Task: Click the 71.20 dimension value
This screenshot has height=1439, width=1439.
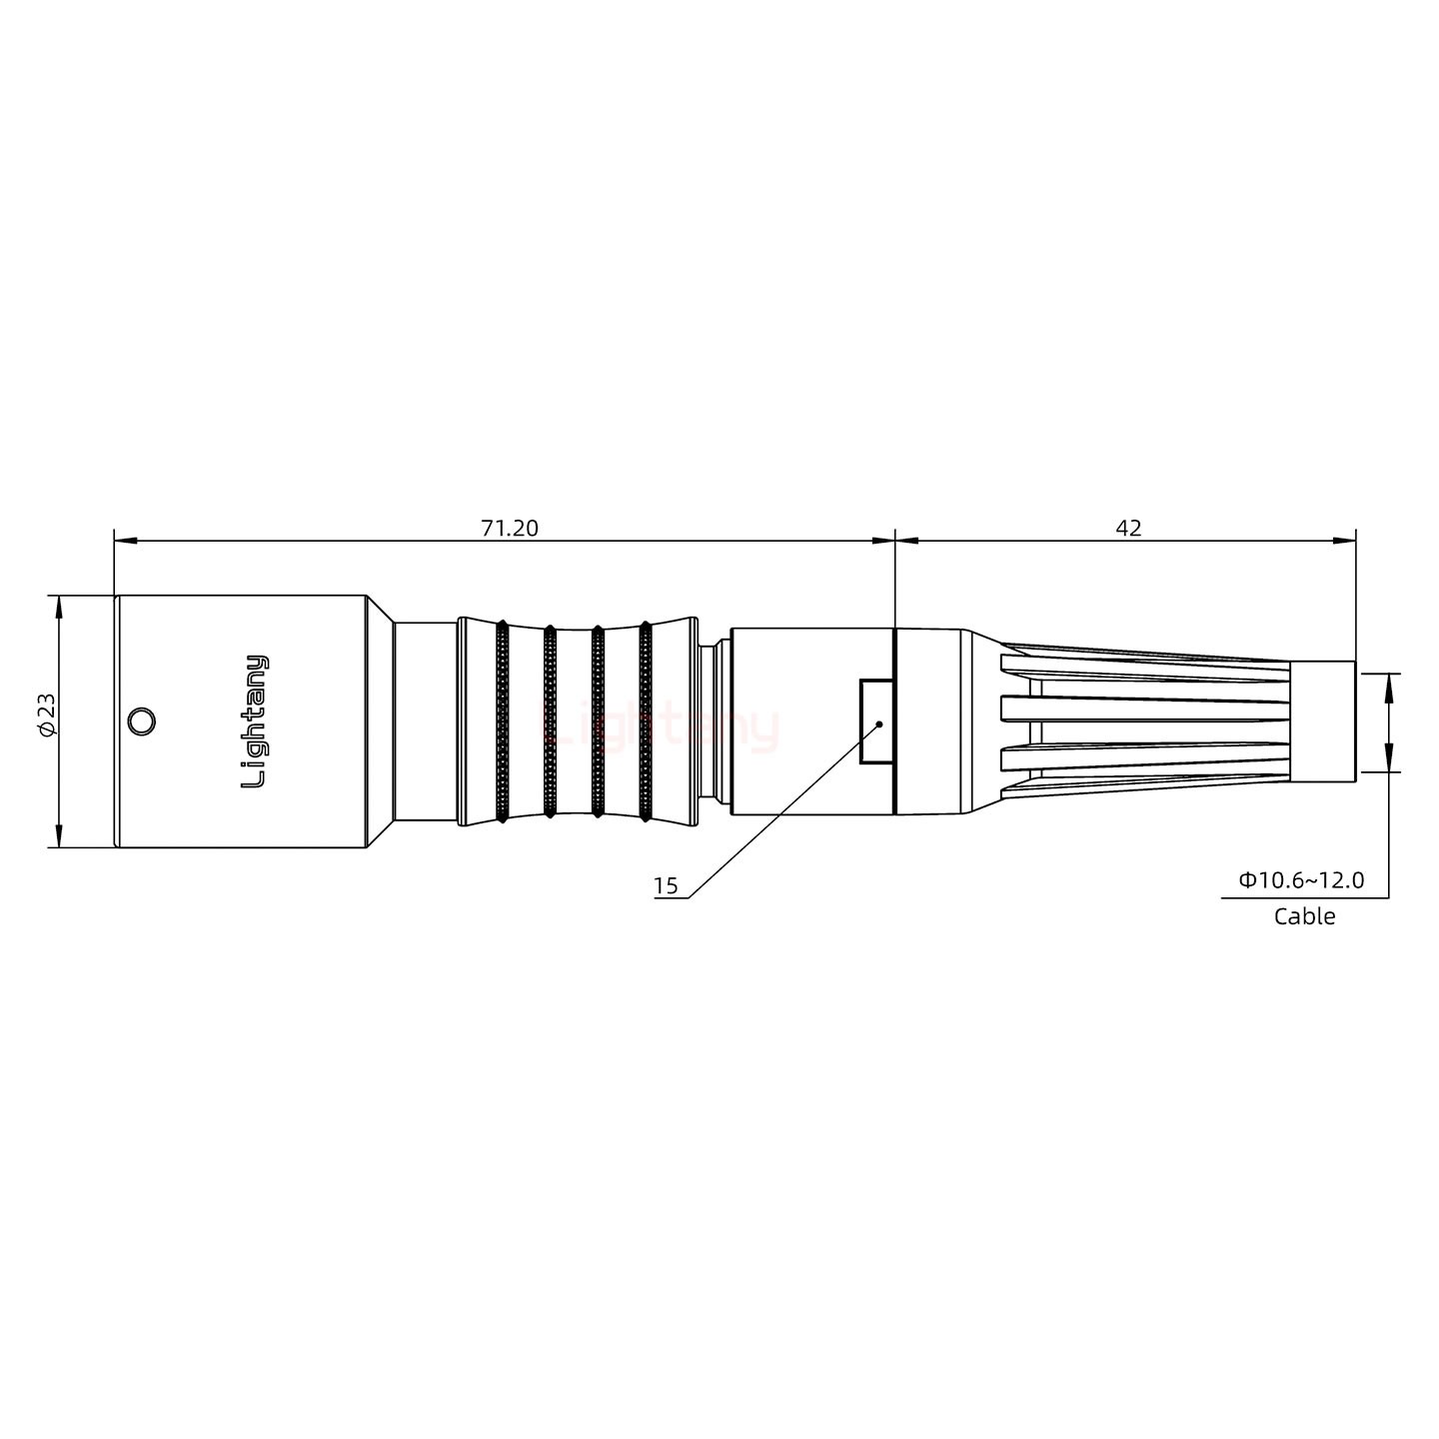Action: (x=509, y=528)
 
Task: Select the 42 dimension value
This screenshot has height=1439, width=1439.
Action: (x=1128, y=528)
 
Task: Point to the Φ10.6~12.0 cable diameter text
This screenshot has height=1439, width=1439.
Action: (x=1301, y=880)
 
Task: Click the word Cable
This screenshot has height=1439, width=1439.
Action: (x=1303, y=916)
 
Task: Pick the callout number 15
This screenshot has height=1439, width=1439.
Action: (x=665, y=885)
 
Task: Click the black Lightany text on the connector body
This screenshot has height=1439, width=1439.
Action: (x=255, y=721)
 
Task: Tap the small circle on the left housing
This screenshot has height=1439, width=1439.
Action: (x=142, y=721)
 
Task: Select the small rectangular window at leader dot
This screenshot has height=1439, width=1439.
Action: (x=875, y=721)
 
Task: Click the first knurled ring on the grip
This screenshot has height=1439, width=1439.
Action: (x=502, y=721)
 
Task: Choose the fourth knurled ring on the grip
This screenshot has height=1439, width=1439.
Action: (x=645, y=721)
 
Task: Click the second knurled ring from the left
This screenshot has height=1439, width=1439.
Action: (x=550, y=721)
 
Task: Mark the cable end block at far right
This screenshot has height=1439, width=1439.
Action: (x=1323, y=721)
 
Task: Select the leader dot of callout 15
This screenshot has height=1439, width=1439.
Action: (x=878, y=722)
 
